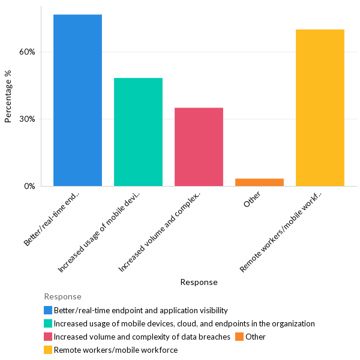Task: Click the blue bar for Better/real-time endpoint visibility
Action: pyautogui.click(x=77, y=100)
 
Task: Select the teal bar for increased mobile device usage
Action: pyautogui.click(x=138, y=132)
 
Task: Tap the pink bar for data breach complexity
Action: pyautogui.click(x=199, y=147)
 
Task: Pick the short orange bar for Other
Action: pyautogui.click(x=259, y=182)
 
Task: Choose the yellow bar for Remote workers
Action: pyautogui.click(x=320, y=108)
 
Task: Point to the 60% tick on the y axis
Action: pyautogui.click(x=28, y=52)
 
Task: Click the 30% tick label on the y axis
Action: pyautogui.click(x=28, y=119)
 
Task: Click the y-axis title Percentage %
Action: pyautogui.click(x=8, y=96)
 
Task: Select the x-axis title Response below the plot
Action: pyautogui.click(x=199, y=282)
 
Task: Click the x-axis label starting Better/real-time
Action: pyautogui.click(x=52, y=218)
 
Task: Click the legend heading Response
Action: pyautogui.click(x=62, y=296)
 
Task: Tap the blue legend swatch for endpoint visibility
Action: pyautogui.click(x=48, y=310)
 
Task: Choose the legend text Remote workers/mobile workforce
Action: pyautogui.click(x=116, y=350)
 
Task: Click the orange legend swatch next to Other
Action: pyautogui.click(x=239, y=337)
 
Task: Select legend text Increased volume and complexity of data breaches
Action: pyautogui.click(x=142, y=337)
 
